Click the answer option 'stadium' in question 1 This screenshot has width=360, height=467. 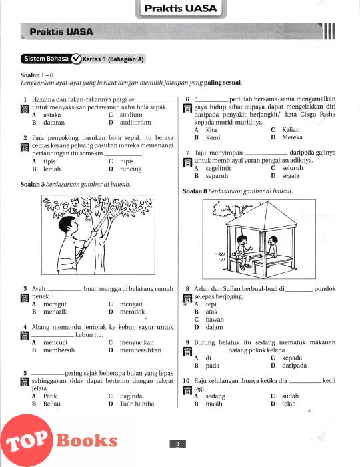(131, 115)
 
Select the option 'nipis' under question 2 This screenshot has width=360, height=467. (127, 161)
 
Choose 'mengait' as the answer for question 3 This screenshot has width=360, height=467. (131, 304)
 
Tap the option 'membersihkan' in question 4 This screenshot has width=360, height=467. (141, 350)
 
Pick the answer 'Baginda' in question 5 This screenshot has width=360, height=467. (131, 396)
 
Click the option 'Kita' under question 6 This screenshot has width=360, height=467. (211, 130)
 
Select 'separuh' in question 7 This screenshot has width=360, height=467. (217, 176)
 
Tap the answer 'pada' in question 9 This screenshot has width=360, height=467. (213, 366)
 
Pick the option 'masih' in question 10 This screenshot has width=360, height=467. (214, 404)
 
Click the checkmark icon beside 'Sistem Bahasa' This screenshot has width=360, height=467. (77, 59)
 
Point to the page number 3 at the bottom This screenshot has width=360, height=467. (177, 444)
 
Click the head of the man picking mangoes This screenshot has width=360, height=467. (67, 225)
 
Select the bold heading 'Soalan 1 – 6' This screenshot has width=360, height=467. (37, 75)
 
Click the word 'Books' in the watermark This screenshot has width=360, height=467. (87, 440)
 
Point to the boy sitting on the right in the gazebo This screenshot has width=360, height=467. (272, 248)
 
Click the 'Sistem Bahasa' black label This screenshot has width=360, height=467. (47, 59)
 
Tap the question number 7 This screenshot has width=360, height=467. (187, 153)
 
